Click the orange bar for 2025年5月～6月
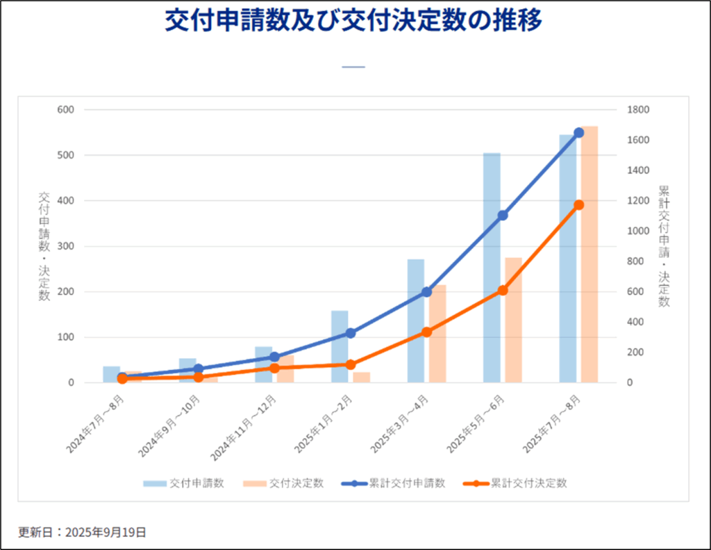[x=513, y=320]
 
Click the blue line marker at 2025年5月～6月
[x=503, y=216]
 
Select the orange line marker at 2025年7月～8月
[x=578, y=205]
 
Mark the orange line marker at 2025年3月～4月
[x=426, y=332]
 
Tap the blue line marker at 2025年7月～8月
[x=578, y=133]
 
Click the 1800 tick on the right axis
[x=638, y=110]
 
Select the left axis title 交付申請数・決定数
[x=44, y=245]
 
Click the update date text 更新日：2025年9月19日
[x=82, y=533]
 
